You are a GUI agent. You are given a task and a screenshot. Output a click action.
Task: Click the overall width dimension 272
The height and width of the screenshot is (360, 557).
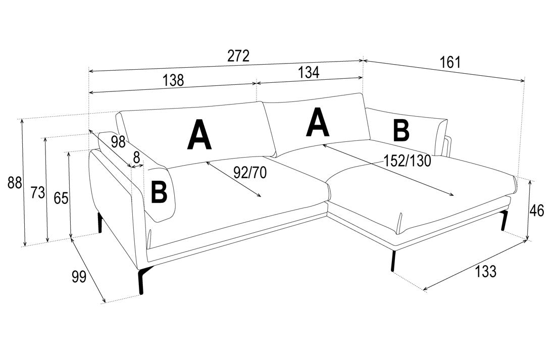[x=239, y=56]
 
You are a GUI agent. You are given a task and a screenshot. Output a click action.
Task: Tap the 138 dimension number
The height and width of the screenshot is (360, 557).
[x=173, y=80]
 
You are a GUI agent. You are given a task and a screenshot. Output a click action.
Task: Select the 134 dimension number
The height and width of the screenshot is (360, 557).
[x=309, y=72]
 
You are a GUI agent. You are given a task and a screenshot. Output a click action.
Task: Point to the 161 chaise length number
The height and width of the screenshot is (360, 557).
[x=450, y=62]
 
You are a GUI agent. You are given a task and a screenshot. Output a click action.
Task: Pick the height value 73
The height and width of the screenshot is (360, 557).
[x=38, y=192]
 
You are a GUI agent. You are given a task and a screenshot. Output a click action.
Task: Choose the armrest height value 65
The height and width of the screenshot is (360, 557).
[x=61, y=198]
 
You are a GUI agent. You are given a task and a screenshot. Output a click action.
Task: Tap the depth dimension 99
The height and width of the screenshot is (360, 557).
[x=79, y=276]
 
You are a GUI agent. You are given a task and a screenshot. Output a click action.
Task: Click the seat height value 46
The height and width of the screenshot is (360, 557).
[x=536, y=211]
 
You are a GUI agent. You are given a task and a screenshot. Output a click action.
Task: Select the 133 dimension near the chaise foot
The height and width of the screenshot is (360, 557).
[x=485, y=272]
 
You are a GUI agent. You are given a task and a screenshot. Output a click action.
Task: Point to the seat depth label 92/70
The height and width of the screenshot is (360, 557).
[x=250, y=172]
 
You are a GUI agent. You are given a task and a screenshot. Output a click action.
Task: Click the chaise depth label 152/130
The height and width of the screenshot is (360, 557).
[x=407, y=161]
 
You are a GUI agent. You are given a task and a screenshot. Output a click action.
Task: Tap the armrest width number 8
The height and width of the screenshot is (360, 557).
[x=136, y=156]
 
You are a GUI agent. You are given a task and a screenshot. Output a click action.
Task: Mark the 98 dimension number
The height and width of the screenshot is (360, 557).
[x=118, y=142]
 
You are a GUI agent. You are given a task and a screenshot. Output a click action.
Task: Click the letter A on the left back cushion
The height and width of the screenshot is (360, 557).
[x=199, y=135]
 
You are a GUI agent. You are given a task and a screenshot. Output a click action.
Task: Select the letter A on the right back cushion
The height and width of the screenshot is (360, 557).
[x=318, y=123]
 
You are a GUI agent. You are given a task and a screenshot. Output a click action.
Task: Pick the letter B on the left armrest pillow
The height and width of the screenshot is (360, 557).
[x=159, y=192]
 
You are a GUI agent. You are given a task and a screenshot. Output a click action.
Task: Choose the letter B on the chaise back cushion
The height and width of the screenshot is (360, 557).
[x=401, y=130]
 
